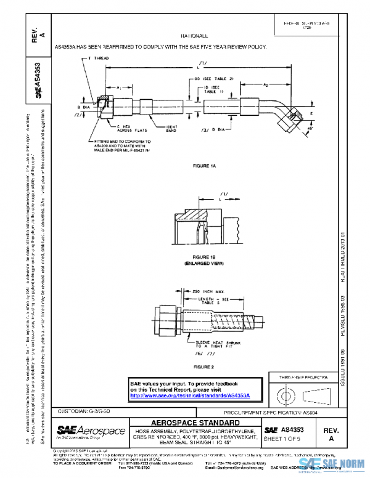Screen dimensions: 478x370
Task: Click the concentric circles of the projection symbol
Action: pos(286,392)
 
